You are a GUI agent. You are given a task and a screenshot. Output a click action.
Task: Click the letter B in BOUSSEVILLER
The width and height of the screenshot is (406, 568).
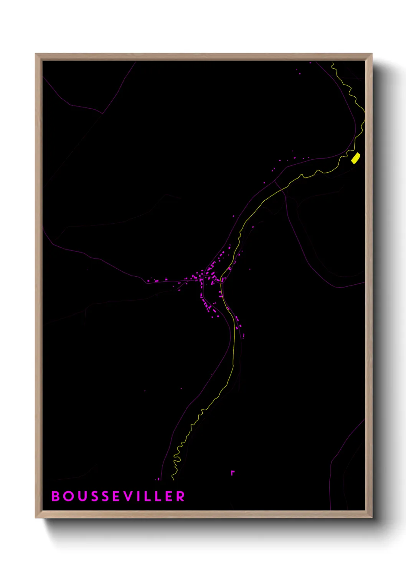[56, 496]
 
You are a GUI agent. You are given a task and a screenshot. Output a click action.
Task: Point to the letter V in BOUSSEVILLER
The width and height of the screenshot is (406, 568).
[129, 496]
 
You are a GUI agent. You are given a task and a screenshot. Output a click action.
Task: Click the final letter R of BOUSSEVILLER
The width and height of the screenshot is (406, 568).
[180, 496]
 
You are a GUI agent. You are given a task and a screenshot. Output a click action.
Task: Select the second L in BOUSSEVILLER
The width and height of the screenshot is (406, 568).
[158, 496]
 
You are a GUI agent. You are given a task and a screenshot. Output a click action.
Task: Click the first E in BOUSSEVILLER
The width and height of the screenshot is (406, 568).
[117, 496]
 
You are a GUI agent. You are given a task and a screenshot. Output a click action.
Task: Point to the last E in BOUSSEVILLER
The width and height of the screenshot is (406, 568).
[169, 496]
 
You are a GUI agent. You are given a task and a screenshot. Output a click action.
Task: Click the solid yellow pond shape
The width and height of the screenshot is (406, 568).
[356, 158]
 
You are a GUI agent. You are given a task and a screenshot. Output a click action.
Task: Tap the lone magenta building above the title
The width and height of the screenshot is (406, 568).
[232, 473]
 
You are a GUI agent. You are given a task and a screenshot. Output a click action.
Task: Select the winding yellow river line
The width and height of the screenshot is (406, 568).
[233, 345]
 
